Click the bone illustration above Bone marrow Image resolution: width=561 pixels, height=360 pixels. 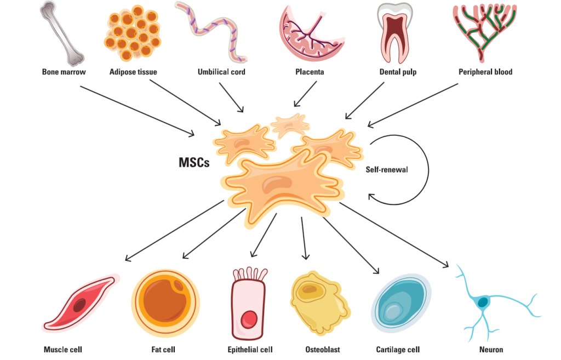coord(62,32)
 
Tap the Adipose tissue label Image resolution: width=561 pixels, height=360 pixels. coord(133,72)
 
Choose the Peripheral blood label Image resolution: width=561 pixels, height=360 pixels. coord(485,72)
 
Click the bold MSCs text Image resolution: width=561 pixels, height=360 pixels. coord(194,162)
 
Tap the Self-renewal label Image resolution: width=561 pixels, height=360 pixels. coord(387,169)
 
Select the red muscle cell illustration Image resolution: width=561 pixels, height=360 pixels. coord(81,303)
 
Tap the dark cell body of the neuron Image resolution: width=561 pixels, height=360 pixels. coord(483,302)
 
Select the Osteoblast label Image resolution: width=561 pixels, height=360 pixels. coord(323,349)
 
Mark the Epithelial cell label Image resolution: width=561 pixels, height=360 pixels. coord(250,349)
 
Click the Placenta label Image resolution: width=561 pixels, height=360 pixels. coord(310,72)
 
